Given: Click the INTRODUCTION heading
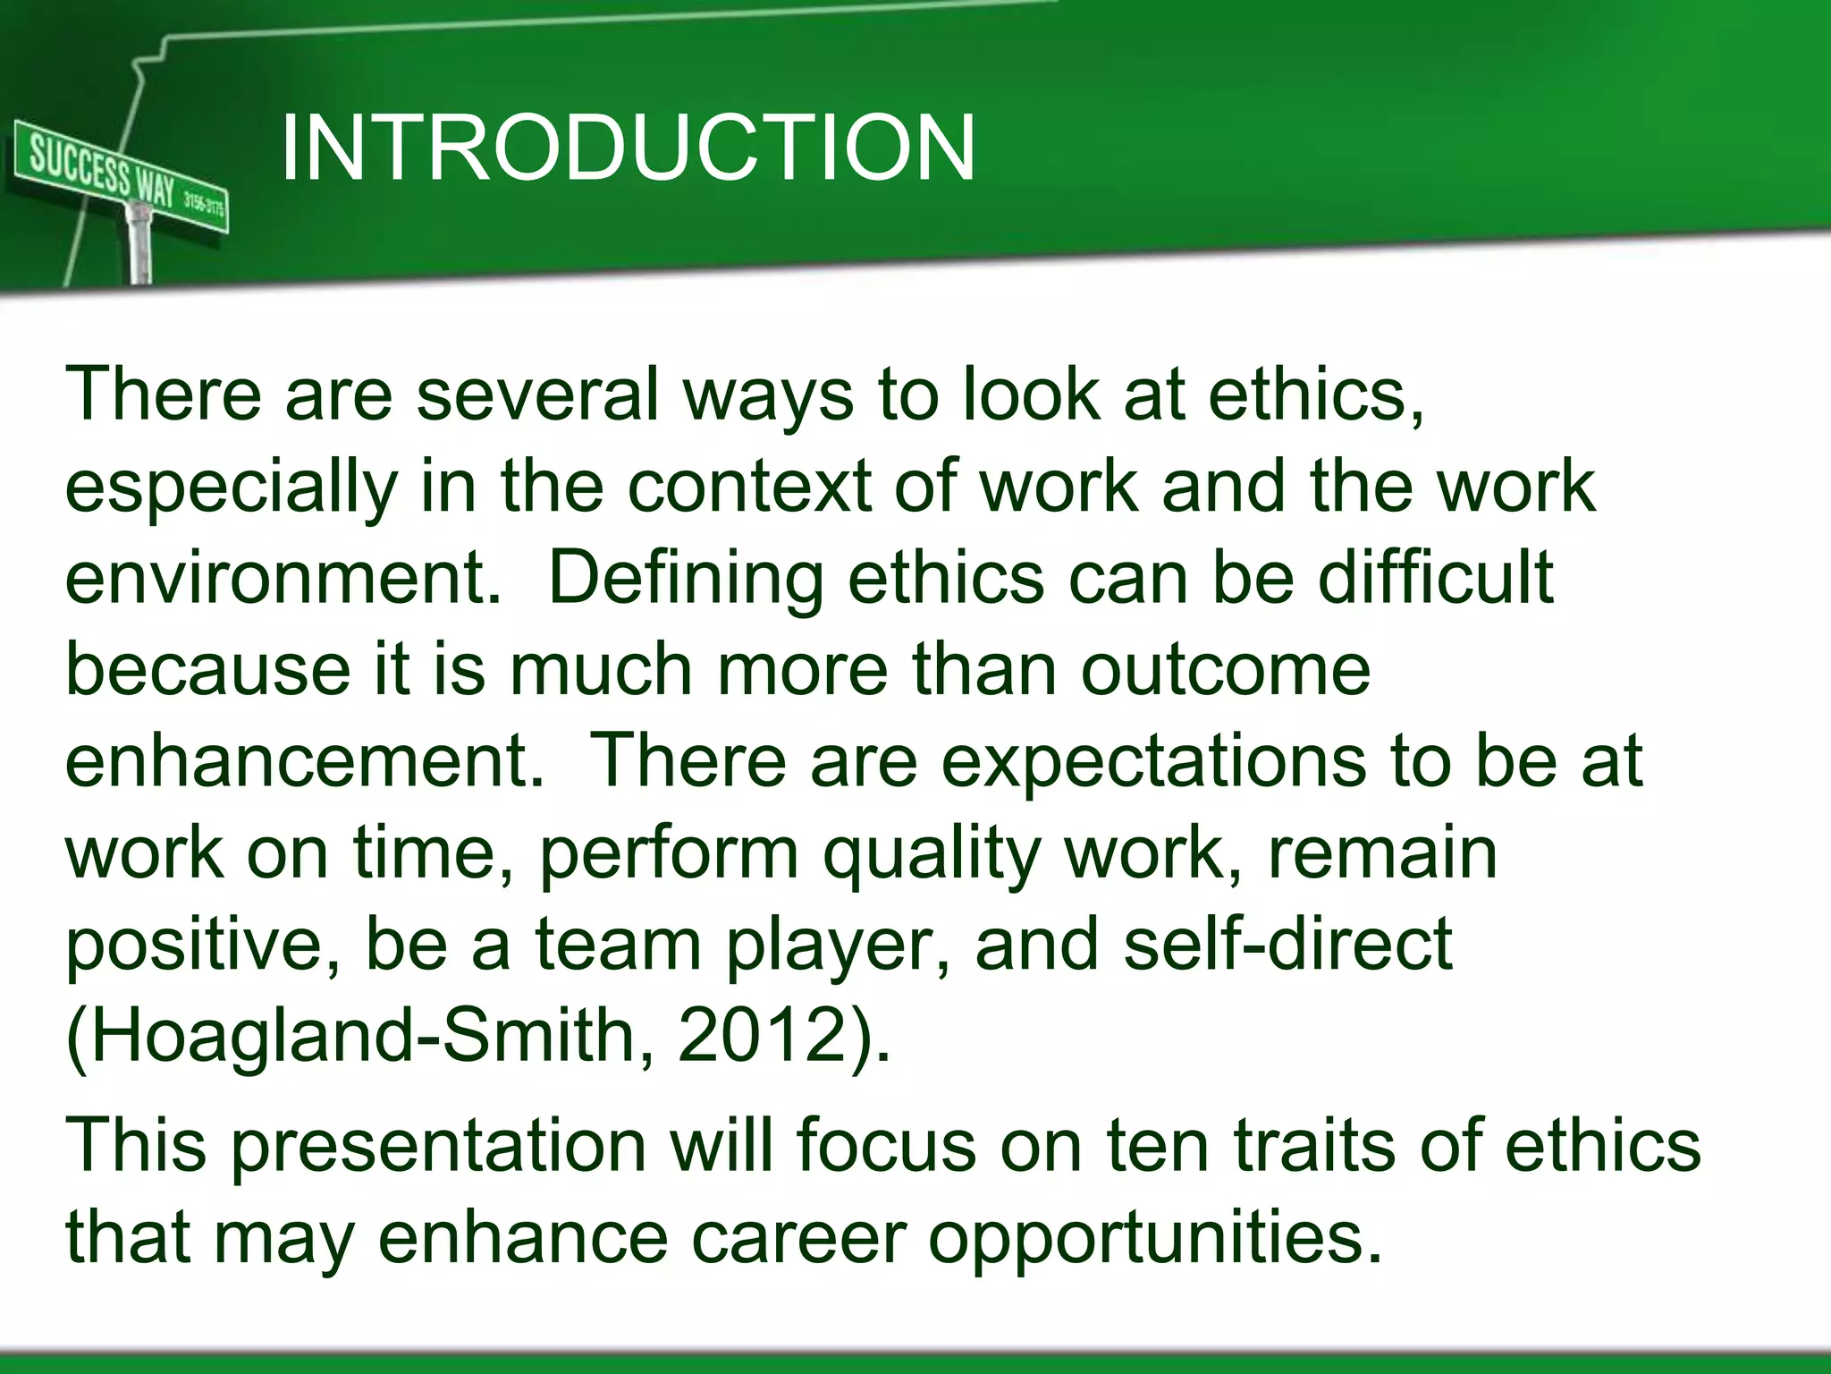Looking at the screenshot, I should point(628,148).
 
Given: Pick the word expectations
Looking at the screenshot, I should point(1153,763).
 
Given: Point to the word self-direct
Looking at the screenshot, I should point(1287,945).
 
